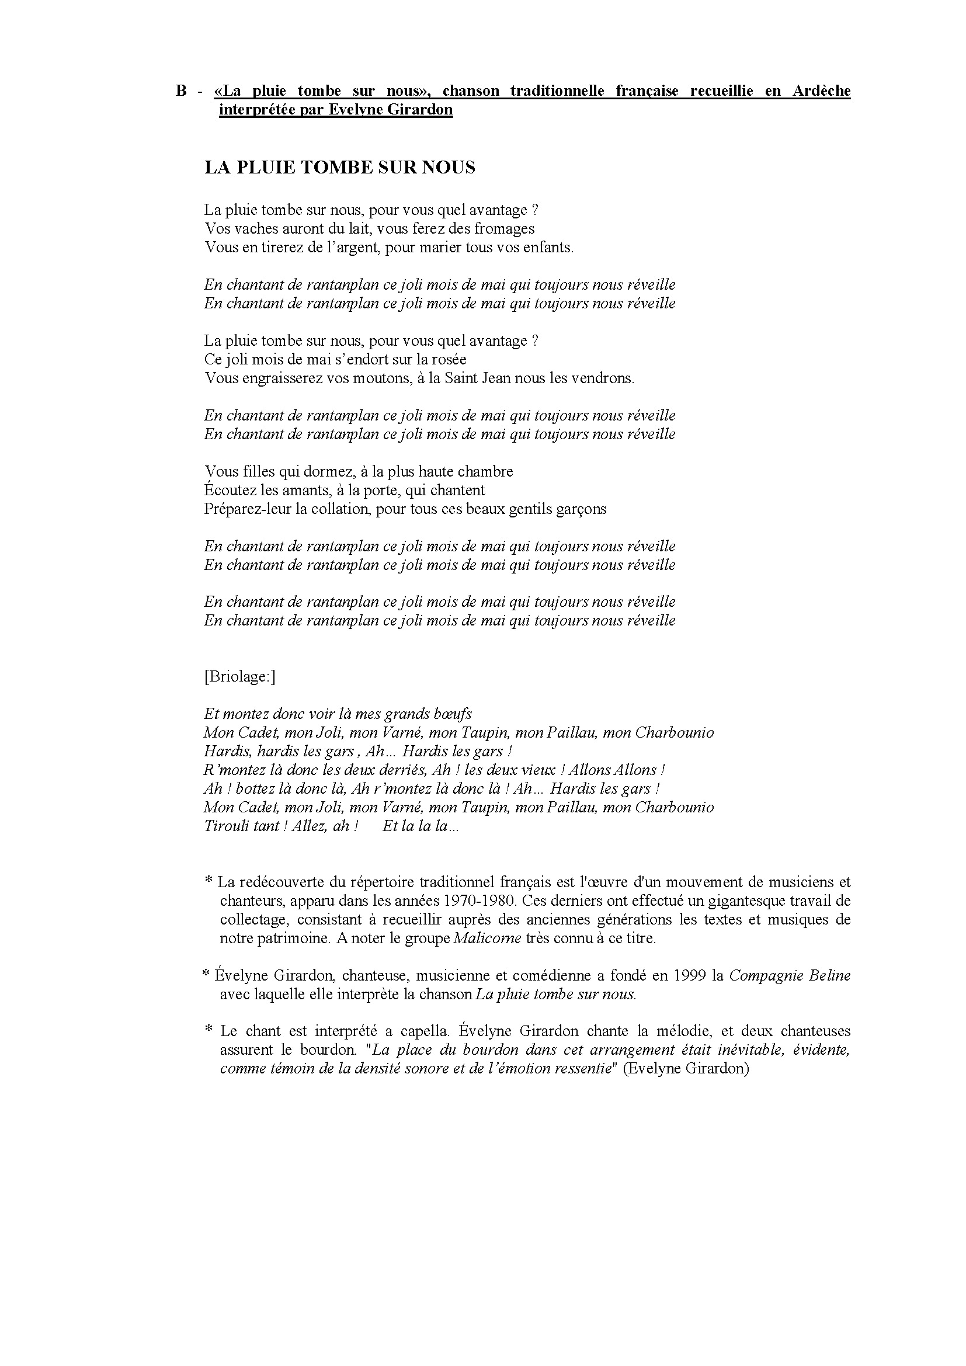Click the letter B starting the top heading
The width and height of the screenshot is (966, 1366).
(x=182, y=91)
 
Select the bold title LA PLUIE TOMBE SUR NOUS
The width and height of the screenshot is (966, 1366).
(x=340, y=168)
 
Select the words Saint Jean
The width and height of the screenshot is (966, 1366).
(x=470, y=378)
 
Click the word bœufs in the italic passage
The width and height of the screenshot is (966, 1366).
(x=454, y=714)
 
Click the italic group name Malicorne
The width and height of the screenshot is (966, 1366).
(x=487, y=939)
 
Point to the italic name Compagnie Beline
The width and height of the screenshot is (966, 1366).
(x=790, y=976)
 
